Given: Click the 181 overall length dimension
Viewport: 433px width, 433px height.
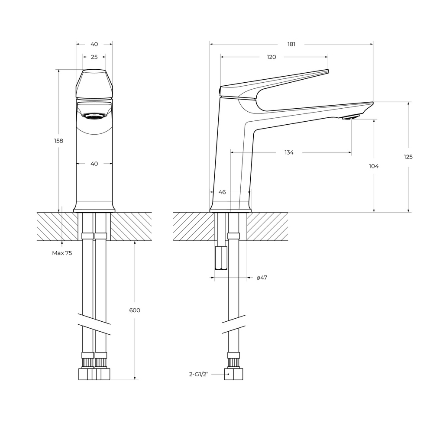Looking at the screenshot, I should (291, 44).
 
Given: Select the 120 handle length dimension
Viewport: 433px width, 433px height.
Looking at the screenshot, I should (271, 57).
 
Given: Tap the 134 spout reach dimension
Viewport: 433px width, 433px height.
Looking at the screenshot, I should (289, 152).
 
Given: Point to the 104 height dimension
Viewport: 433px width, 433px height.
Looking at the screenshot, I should (373, 166).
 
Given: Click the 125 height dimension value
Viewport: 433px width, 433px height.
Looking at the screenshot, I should (408, 157).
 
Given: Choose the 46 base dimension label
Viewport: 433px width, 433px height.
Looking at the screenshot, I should (222, 192).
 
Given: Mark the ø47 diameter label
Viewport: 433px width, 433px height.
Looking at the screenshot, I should (262, 278).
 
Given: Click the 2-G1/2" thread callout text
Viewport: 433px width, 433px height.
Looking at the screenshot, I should (199, 374).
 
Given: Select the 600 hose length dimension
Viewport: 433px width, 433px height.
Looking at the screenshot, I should (135, 310).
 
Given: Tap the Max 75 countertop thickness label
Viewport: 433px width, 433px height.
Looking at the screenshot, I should (62, 253).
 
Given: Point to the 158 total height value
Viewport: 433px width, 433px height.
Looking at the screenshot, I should (58, 141).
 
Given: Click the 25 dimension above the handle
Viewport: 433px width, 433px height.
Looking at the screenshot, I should (94, 57).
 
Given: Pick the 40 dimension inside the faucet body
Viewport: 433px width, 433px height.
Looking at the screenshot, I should (94, 164).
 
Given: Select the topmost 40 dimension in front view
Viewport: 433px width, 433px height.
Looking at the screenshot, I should (94, 44).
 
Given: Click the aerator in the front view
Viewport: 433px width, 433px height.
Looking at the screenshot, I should (94, 116).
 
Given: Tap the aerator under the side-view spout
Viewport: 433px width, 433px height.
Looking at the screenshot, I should (351, 117).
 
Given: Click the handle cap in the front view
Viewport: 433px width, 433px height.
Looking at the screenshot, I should (94, 84).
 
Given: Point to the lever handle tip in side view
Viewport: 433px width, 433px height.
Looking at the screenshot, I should (326, 71).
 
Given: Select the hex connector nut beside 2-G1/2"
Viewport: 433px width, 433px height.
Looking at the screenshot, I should (233, 374).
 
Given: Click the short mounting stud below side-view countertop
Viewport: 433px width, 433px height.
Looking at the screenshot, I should (221, 258).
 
